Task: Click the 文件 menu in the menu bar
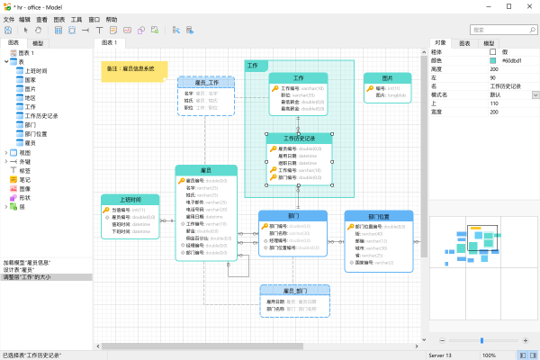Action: click(9, 18)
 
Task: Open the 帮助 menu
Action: click(111, 18)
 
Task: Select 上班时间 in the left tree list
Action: click(37, 69)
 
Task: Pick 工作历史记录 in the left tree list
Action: click(42, 115)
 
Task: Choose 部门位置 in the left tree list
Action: click(37, 133)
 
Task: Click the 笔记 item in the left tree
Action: click(25, 179)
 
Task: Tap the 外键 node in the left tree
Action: click(25, 161)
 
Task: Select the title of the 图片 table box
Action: click(387, 78)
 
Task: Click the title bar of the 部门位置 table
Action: click(379, 216)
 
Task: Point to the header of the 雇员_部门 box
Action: click(296, 292)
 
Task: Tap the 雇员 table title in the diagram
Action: click(206, 170)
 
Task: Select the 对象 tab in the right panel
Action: click(440, 42)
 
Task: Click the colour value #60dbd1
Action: click(508, 60)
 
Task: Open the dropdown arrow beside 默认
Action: click(535, 94)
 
